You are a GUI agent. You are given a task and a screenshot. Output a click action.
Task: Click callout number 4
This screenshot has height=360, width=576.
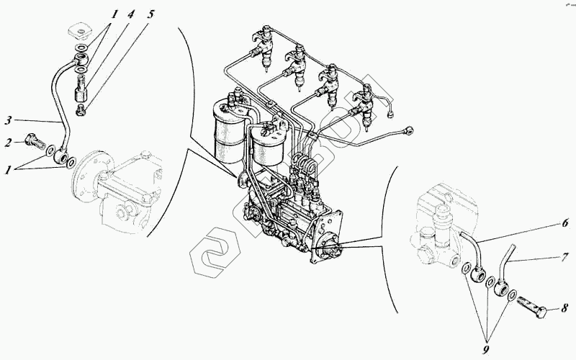(130, 13)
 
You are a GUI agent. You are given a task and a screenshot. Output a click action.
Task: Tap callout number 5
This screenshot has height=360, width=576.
(150, 13)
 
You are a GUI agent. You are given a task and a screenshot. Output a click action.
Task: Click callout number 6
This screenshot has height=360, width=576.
(564, 223)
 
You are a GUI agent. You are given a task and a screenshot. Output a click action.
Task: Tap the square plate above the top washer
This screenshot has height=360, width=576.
(77, 33)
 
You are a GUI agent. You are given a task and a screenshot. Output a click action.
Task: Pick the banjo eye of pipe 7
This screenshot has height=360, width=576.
(503, 289)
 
